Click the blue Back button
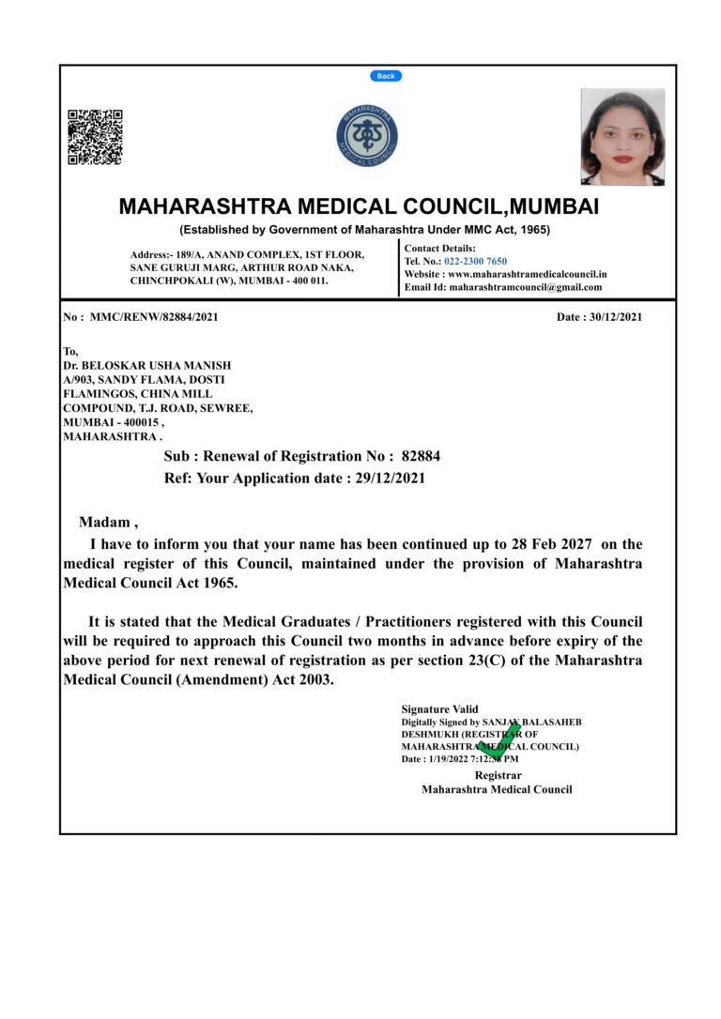click(x=386, y=76)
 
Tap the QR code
click(x=95, y=138)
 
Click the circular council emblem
click(x=367, y=137)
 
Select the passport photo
click(x=622, y=137)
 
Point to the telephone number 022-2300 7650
click(x=475, y=261)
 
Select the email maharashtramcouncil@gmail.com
click(x=526, y=287)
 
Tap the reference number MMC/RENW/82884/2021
click(x=154, y=317)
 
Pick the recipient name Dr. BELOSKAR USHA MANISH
click(x=146, y=365)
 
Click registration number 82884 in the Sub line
click(x=421, y=456)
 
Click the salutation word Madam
click(x=106, y=522)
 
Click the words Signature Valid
click(x=439, y=709)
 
